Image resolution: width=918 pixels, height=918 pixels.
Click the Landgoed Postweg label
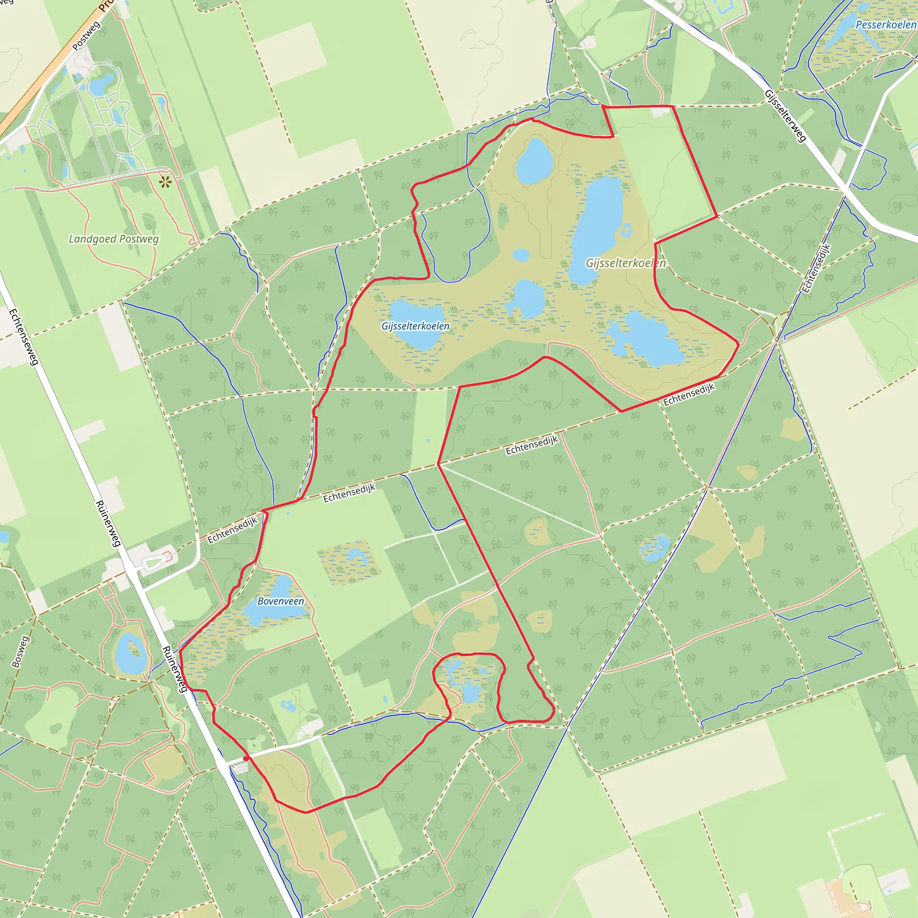click(x=113, y=239)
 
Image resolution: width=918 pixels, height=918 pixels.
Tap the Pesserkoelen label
click(x=886, y=25)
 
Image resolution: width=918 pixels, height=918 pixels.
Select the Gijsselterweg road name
click(x=785, y=116)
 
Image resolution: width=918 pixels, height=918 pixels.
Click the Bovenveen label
click(x=280, y=601)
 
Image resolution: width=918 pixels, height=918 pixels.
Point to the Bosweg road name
click(x=21, y=652)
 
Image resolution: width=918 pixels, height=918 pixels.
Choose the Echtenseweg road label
click(x=23, y=338)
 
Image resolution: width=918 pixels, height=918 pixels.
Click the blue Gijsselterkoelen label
click(x=415, y=326)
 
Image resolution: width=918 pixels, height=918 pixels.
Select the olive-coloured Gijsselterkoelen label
click(x=625, y=263)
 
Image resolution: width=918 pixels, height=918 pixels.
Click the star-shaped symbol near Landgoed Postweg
click(x=165, y=182)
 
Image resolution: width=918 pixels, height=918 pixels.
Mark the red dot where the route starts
click(x=245, y=759)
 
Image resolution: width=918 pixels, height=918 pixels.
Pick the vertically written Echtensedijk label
click(x=816, y=268)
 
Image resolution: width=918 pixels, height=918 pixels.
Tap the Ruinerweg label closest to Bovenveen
click(x=174, y=669)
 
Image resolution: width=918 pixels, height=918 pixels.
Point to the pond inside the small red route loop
click(x=470, y=691)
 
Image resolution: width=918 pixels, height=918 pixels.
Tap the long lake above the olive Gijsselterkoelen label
click(x=597, y=228)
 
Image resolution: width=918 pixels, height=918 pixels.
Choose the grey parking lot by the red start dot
click(x=240, y=768)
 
